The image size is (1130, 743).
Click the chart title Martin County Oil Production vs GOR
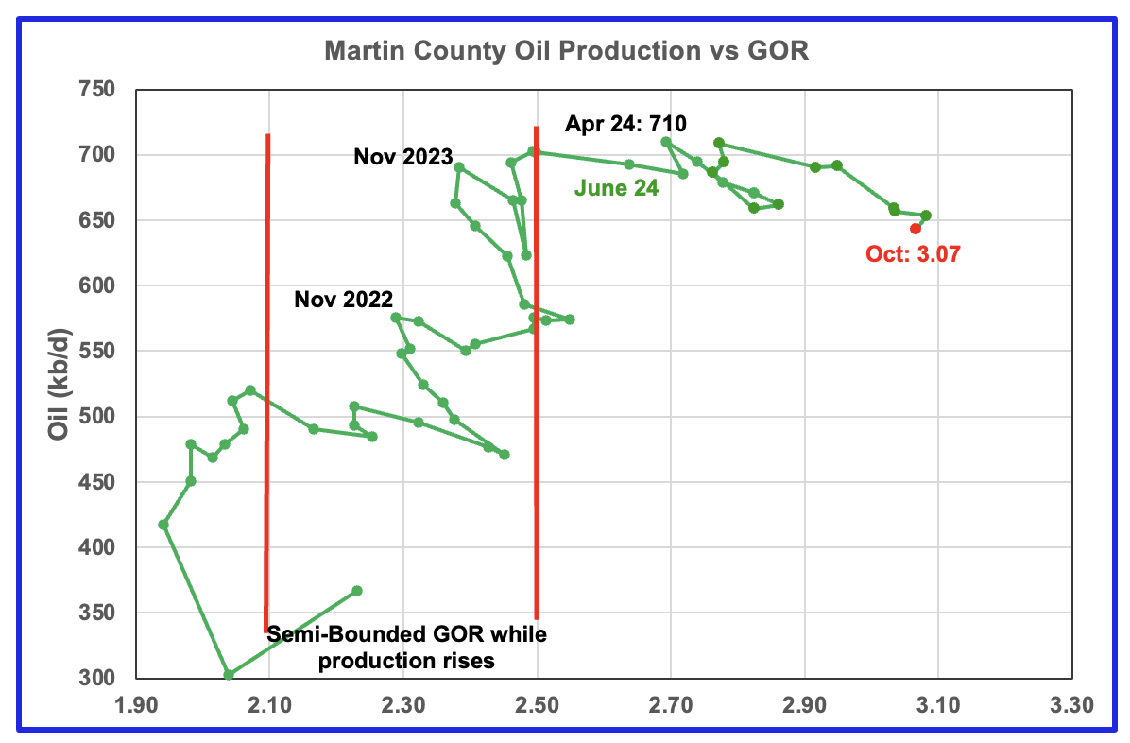pyautogui.click(x=566, y=51)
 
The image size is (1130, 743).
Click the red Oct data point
pyautogui.click(x=916, y=228)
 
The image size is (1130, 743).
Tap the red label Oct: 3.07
pyautogui.click(x=912, y=253)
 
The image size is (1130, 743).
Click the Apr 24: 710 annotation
pyautogui.click(x=625, y=123)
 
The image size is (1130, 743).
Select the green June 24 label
pyautogui.click(x=616, y=188)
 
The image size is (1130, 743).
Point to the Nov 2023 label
pyautogui.click(x=402, y=157)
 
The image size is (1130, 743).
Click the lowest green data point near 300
pyautogui.click(x=229, y=675)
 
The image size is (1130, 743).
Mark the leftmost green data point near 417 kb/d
pyautogui.click(x=163, y=525)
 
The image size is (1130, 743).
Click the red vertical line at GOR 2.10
pyautogui.click(x=268, y=378)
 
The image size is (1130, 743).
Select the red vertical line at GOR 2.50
pyautogui.click(x=537, y=378)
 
